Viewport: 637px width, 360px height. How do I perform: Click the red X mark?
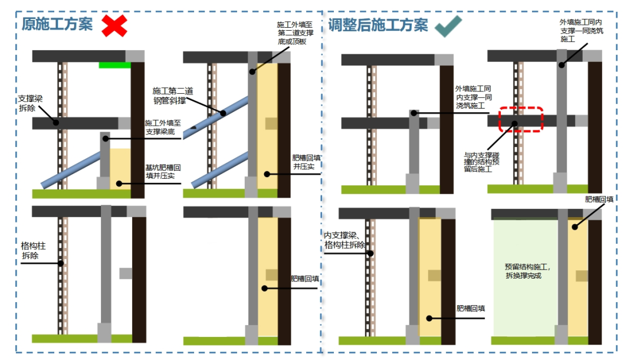point(114,25)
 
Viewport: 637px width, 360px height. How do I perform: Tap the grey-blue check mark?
point(448,26)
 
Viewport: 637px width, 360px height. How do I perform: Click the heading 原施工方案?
point(57,24)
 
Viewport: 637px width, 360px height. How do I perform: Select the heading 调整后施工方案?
point(378,25)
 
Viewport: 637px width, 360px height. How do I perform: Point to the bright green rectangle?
point(114,65)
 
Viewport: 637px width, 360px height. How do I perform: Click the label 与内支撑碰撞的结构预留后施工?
point(481,161)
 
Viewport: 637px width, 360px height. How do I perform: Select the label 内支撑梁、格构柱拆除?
point(344,241)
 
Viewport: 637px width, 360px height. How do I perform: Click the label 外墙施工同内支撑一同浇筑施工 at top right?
point(580,31)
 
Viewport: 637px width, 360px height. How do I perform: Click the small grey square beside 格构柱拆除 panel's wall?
point(126,273)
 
